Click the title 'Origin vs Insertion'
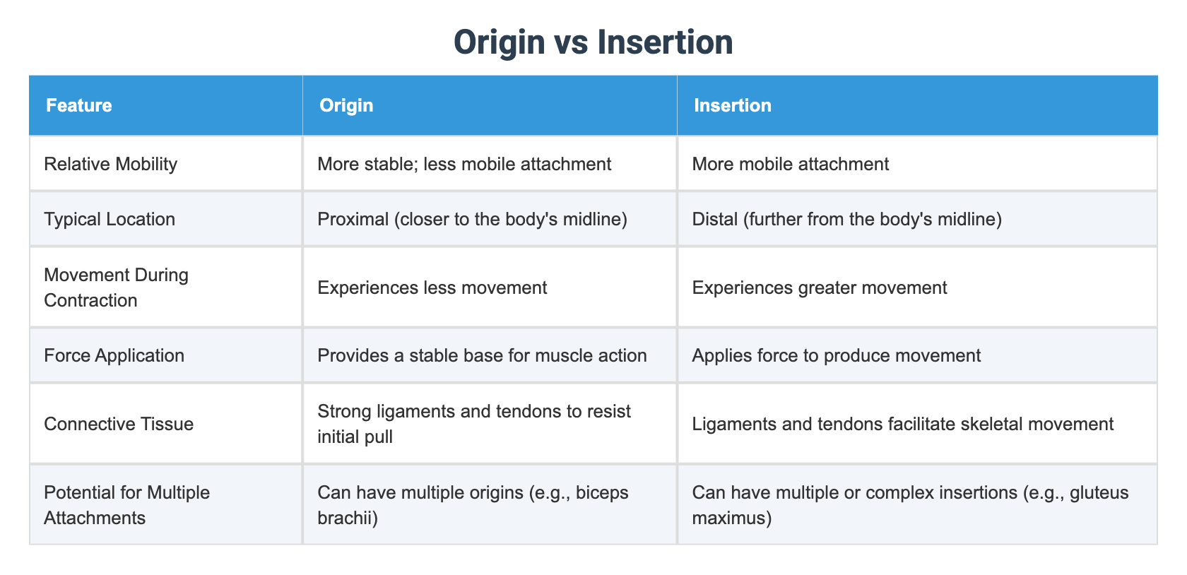[x=593, y=42]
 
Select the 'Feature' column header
[x=79, y=105]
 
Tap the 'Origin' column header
[x=346, y=105]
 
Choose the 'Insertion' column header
[x=732, y=105]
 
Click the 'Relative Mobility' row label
[x=110, y=164]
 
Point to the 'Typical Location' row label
[x=110, y=219]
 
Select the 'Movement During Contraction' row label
[x=116, y=287]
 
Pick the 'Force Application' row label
[x=114, y=355]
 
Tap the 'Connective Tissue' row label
[x=119, y=424]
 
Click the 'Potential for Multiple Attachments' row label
[x=126, y=505]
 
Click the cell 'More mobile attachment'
[x=790, y=164]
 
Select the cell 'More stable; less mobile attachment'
[x=464, y=164]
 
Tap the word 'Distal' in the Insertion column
[x=714, y=219]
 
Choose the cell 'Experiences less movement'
[x=432, y=287]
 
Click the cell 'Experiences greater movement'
[x=820, y=287]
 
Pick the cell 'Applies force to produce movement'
[x=836, y=355]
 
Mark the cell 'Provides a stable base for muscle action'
[x=482, y=355]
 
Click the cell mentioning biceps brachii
[x=473, y=505]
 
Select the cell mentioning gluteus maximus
[x=910, y=505]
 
